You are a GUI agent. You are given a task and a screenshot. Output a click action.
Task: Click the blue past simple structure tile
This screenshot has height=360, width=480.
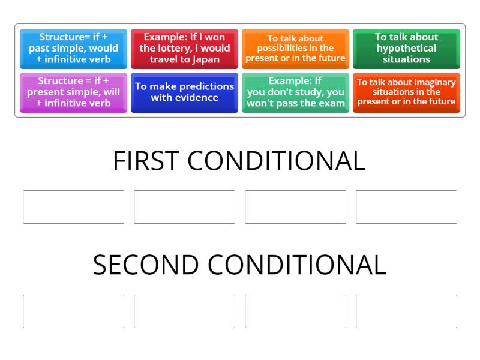[73, 49]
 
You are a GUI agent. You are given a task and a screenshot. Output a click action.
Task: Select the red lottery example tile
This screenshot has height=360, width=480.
[184, 49]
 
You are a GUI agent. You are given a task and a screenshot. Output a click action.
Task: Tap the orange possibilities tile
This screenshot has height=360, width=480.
[295, 49]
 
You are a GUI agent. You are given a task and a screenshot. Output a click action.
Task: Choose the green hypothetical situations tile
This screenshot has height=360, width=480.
[406, 49]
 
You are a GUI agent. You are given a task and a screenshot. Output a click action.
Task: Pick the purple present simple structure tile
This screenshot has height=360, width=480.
[73, 92]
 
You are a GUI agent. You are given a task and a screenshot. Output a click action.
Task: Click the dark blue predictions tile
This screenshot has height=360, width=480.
[184, 92]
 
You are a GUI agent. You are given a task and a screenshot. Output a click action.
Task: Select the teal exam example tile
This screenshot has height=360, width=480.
[295, 92]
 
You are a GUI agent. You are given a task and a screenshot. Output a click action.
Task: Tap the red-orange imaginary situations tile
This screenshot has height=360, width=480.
[406, 92]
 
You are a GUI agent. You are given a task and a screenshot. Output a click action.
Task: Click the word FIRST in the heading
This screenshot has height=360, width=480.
[146, 161]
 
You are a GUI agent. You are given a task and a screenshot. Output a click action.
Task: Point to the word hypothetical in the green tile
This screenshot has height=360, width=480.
[406, 48]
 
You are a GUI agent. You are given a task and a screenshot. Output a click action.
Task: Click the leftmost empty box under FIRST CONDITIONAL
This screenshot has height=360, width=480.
[73, 207]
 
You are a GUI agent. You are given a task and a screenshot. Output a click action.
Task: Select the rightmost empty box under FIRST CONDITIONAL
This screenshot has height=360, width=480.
[406, 207]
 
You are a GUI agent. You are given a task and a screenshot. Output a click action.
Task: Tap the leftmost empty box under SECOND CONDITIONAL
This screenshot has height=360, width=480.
[73, 311]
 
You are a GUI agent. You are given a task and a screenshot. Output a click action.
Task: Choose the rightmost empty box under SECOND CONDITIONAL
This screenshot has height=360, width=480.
[406, 311]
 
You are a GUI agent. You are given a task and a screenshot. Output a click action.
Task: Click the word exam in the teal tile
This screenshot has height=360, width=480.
[332, 103]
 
